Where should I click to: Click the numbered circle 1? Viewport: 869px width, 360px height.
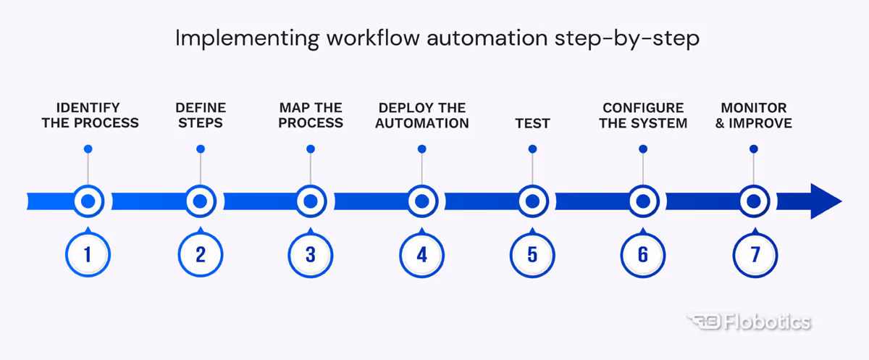88,254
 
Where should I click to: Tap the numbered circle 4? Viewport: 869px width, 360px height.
421,254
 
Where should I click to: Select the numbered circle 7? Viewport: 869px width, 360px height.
754,254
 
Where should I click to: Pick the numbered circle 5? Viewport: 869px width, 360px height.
532,254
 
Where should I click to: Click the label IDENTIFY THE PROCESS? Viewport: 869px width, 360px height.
90,115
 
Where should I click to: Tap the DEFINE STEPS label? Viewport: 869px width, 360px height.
200,115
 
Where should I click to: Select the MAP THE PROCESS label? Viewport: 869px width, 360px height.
311,115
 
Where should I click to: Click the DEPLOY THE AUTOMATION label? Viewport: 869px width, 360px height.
422,115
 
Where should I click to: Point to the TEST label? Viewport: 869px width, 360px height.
532,123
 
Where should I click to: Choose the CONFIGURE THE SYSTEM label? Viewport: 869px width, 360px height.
643,115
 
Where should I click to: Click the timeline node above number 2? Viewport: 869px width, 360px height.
199,201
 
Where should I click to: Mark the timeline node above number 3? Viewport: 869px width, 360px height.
311,201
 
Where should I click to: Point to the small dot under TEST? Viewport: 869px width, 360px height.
532,149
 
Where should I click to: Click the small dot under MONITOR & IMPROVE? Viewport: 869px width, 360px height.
753,149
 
